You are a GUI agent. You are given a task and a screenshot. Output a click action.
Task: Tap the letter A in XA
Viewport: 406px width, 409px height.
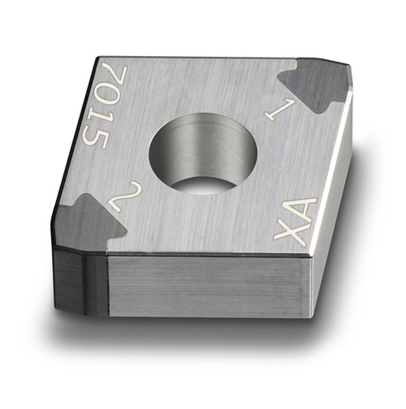coord(303,210)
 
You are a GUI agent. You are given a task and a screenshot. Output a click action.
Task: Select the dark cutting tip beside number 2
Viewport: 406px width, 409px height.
coord(87,222)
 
